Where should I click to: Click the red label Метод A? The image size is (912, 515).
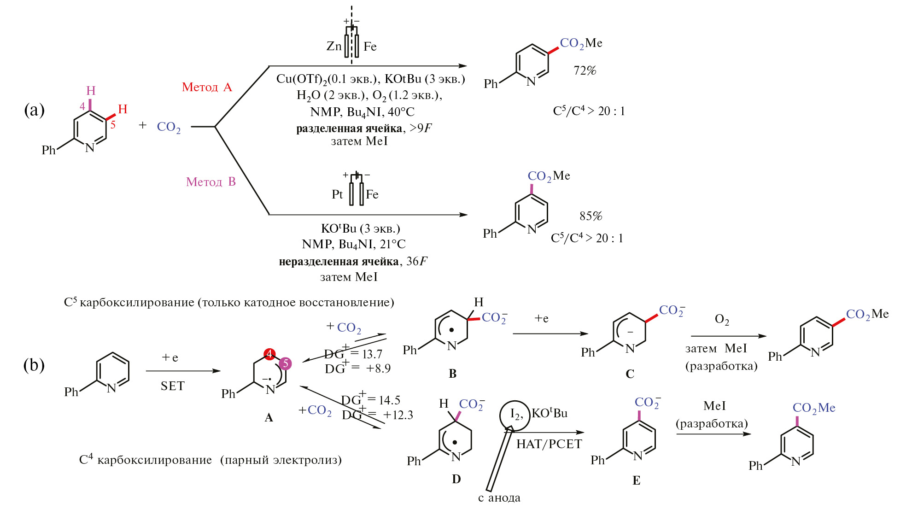[207, 87]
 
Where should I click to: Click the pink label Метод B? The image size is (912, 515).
[210, 182]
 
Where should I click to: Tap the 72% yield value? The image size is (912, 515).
[585, 70]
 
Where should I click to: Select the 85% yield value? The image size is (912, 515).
[590, 216]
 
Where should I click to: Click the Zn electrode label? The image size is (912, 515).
[334, 46]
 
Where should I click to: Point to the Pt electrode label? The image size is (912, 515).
[337, 194]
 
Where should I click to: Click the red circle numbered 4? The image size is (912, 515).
[269, 354]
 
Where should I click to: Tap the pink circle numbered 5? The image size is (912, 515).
[285, 363]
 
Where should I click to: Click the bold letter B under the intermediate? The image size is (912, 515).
[452, 374]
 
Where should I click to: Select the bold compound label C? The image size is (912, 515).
[630, 374]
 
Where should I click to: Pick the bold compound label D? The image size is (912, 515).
[456, 479]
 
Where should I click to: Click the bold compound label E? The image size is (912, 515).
[636, 480]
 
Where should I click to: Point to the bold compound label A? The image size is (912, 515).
[269, 418]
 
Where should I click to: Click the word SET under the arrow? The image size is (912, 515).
[172, 386]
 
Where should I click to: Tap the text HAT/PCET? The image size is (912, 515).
[549, 444]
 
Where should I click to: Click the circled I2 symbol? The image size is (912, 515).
[515, 415]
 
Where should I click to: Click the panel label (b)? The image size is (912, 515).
[34, 365]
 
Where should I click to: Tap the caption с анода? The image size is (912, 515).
[499, 497]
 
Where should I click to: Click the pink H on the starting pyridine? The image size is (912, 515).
[91, 91]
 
